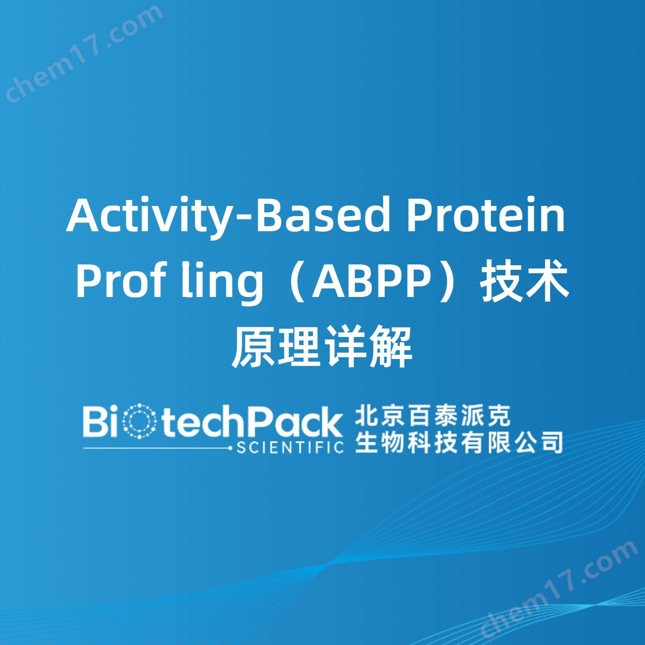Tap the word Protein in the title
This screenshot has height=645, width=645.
(x=485, y=215)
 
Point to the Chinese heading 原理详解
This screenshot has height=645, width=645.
(x=322, y=348)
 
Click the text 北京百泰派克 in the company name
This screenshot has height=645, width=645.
(x=433, y=416)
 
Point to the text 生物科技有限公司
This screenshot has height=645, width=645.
(x=458, y=442)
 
